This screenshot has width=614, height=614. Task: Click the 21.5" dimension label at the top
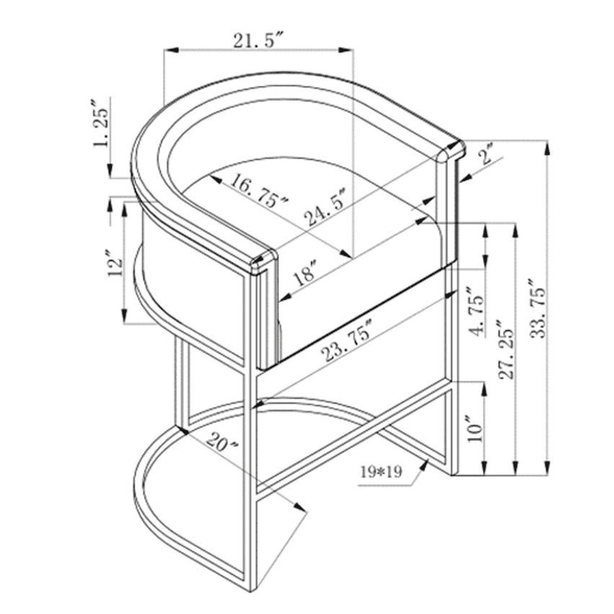tap(258, 40)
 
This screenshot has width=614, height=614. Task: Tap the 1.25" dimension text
tap(100, 124)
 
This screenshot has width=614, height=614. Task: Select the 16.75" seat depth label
tap(259, 192)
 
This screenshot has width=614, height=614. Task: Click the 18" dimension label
tap(305, 272)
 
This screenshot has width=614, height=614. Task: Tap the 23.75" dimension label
tap(346, 340)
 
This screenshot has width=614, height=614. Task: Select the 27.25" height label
tap(506, 350)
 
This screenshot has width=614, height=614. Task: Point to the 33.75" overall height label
tap(538, 309)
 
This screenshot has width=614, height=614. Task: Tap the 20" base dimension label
tap(222, 442)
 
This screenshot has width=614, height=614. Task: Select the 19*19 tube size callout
tap(381, 472)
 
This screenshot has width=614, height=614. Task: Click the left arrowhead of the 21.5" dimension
tap(171, 50)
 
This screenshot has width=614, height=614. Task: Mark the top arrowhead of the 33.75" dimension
tap(548, 148)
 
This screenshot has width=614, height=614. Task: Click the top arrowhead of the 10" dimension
tap(484, 389)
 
